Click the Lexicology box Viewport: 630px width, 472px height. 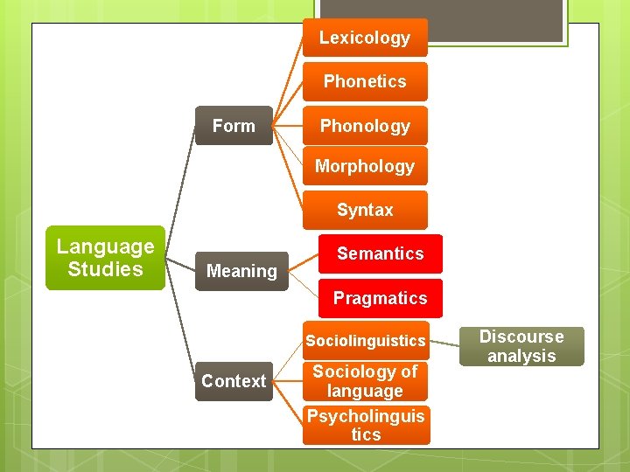point(365,38)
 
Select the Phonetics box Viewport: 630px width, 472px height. point(365,81)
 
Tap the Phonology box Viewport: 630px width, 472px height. point(365,126)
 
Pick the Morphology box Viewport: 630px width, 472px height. point(365,166)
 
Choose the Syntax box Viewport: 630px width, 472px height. point(365,210)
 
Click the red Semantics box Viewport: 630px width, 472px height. point(380,253)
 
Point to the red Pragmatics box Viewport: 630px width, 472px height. point(380,298)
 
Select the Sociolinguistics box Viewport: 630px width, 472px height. point(366,340)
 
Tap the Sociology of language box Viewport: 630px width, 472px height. point(366,381)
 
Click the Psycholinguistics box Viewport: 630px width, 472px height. point(366,425)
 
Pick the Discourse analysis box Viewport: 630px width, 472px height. point(521,346)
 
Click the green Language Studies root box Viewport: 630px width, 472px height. point(105,258)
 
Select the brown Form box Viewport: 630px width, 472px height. point(234,126)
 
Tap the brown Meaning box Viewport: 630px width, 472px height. point(241,271)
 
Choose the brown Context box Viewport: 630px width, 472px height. point(234,381)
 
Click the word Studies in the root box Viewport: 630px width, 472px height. point(105,269)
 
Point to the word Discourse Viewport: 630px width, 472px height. point(521,337)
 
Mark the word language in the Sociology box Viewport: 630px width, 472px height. point(366,392)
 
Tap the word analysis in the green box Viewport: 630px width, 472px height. point(521,356)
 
